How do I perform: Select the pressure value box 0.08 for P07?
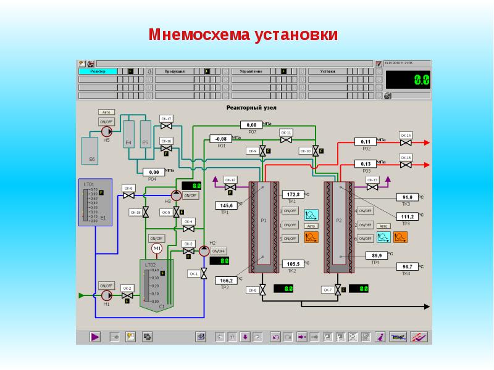[x=251, y=125]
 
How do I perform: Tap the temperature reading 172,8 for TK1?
[x=294, y=194]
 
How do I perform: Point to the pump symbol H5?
[x=106, y=132]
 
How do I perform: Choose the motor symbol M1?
[x=156, y=248]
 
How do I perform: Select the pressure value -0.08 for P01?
[x=220, y=139]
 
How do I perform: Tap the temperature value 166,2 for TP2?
[x=225, y=281]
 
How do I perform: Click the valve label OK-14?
[x=406, y=135]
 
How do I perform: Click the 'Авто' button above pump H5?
[x=106, y=112]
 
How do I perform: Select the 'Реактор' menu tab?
[x=99, y=72]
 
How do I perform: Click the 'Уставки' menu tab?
[x=328, y=72]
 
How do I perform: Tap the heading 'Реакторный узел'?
[x=251, y=107]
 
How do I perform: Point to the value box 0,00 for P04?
[x=154, y=172]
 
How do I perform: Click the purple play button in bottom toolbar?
[x=94, y=337]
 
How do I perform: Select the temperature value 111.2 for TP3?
[x=407, y=216]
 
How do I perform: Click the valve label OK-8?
[x=252, y=290]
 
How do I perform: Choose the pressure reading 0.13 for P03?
[x=365, y=163]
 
